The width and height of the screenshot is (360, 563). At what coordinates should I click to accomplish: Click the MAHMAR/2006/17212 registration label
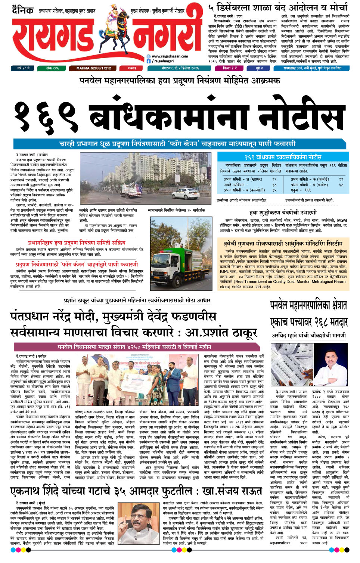pyautogui.click(x=94, y=68)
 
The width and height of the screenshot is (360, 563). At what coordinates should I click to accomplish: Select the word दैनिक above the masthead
pyautogui.click(x=22, y=10)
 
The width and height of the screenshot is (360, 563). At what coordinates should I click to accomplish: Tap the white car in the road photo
pyautogui.click(x=186, y=193)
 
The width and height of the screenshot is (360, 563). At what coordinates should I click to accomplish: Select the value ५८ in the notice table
pyautogui.click(x=341, y=185)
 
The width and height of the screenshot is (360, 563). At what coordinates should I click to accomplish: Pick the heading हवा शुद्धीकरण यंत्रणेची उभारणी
pyautogui.click(x=283, y=212)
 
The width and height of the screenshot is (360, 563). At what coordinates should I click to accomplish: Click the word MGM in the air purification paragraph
pyautogui.click(x=342, y=220)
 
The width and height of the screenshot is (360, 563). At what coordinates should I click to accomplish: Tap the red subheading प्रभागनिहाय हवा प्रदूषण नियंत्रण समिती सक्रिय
pyautogui.click(x=77, y=243)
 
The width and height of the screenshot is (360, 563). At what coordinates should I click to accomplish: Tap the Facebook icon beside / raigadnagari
pyautogui.click(x=149, y=61)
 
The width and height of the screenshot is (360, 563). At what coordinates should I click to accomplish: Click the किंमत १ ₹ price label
pyautogui.click(x=230, y=68)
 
